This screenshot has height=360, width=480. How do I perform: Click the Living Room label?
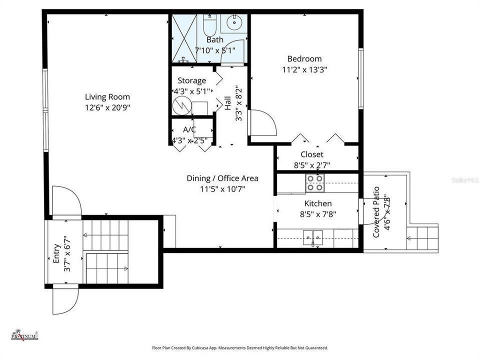coord(107,97)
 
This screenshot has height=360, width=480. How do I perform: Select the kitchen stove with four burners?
coord(315,183)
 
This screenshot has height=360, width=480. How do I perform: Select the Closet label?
coord(311,154)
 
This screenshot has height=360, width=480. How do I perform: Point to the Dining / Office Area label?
coord(222,178)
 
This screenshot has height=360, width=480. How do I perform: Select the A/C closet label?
coord(189,129)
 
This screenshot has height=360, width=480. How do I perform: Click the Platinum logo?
coord(24,335)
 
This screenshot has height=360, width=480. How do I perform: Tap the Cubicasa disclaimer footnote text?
coord(240,347)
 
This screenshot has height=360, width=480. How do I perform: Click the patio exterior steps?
coord(422,237)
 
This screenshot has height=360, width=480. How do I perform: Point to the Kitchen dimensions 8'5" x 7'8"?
coord(317,214)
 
